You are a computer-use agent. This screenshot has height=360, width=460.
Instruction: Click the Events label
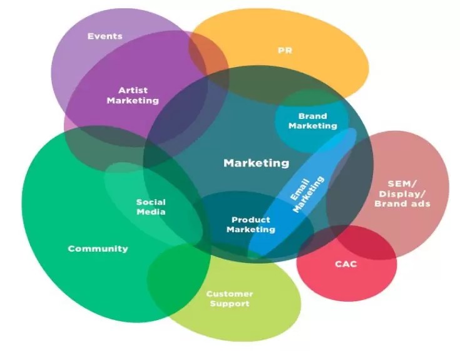click(x=105, y=36)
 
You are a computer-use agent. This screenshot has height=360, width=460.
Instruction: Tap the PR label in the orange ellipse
click(x=285, y=49)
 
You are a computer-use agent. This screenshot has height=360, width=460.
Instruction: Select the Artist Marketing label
click(x=133, y=95)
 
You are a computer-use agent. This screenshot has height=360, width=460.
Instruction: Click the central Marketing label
click(x=257, y=163)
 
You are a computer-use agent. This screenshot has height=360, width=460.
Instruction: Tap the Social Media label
click(x=151, y=207)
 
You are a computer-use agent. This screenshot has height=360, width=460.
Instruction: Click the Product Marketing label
click(x=251, y=224)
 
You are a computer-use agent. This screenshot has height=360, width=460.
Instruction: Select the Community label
click(x=98, y=249)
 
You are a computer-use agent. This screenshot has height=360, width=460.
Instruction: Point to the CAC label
click(x=345, y=264)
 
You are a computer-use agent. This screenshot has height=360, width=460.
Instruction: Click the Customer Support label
click(x=230, y=299)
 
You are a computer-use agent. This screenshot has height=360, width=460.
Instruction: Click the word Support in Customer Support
click(x=230, y=304)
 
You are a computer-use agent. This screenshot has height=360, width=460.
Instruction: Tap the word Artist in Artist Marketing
click(x=133, y=90)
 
